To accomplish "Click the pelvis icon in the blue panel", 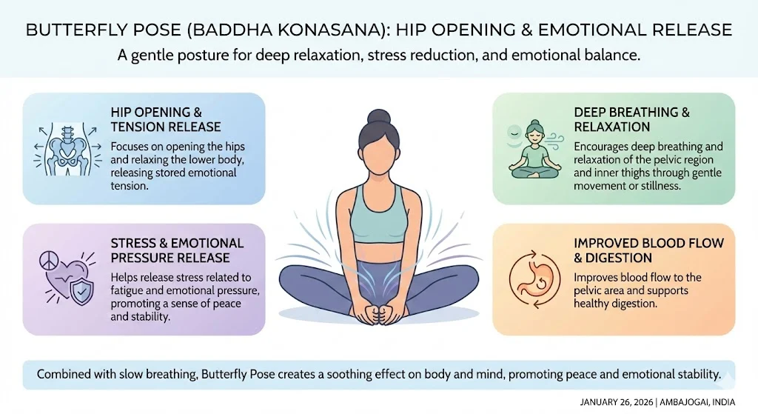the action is click(x=67, y=150).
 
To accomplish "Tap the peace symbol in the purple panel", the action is click(x=49, y=261).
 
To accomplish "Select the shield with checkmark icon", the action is click(x=81, y=290).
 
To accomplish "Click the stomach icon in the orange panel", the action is click(x=534, y=279).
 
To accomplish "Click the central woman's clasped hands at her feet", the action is click(x=378, y=313).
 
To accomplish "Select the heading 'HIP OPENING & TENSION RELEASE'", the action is click(x=166, y=119).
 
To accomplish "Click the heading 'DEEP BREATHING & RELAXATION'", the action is click(x=632, y=119).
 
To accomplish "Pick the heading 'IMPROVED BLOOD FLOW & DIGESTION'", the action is click(x=648, y=250).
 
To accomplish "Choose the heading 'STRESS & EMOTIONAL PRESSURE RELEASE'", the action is click(x=177, y=250).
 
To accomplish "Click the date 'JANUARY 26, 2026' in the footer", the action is click(x=615, y=402).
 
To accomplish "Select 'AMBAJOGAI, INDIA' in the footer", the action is click(x=697, y=402).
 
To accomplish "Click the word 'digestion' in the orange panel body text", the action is click(x=632, y=304).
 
